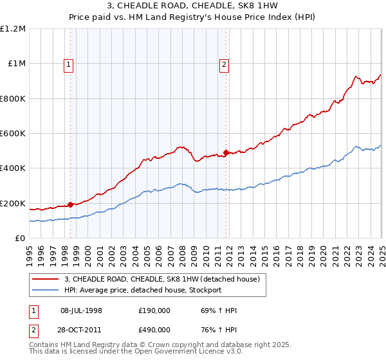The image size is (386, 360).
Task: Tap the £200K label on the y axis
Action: (x=13, y=203)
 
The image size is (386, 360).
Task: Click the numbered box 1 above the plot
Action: (x=68, y=64)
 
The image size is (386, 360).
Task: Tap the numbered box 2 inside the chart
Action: (x=224, y=64)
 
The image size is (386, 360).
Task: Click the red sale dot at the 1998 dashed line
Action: (x=69, y=204)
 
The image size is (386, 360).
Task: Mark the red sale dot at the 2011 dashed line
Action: (x=226, y=152)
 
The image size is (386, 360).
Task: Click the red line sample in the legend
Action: (x=45, y=279)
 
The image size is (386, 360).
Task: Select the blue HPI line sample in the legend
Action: (x=45, y=290)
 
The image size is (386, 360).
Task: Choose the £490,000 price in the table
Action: (x=154, y=329)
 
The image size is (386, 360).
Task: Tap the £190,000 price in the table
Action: (x=154, y=310)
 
